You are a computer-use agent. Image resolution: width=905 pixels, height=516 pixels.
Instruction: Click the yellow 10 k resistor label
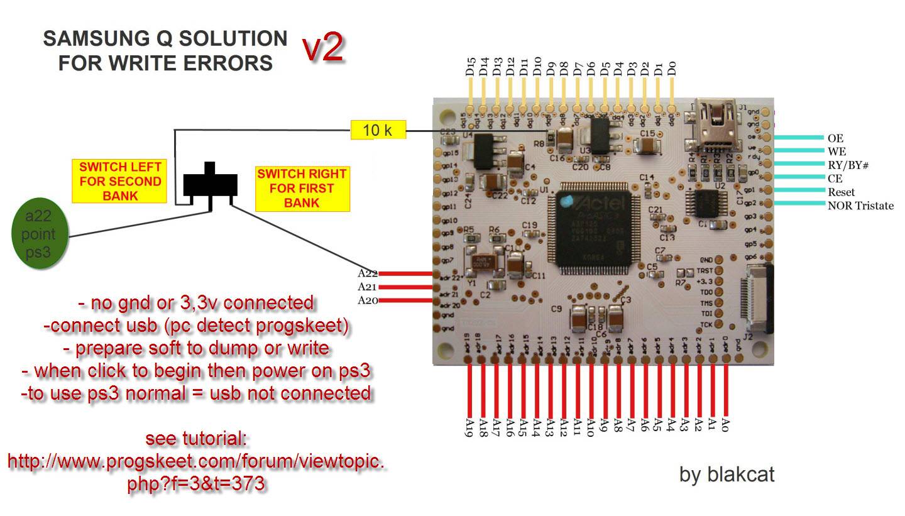(x=378, y=130)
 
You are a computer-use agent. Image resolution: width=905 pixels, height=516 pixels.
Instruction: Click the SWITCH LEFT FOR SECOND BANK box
(x=119, y=181)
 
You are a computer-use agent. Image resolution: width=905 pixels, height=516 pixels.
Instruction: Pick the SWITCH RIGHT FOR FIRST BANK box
(x=302, y=189)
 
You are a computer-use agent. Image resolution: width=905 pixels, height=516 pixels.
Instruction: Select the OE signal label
(x=835, y=138)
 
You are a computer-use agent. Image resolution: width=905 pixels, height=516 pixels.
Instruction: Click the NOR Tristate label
(x=860, y=206)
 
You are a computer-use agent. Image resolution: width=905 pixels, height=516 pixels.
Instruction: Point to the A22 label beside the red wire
(x=368, y=273)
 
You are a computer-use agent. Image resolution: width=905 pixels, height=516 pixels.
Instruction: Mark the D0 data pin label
(x=672, y=67)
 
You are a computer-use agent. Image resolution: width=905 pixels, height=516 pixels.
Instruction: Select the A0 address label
(x=726, y=425)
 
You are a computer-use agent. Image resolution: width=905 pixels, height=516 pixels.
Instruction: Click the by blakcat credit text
(x=727, y=474)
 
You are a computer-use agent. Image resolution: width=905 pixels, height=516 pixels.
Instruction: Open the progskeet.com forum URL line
(x=196, y=462)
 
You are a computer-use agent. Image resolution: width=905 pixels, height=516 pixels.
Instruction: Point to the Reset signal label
(x=841, y=192)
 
